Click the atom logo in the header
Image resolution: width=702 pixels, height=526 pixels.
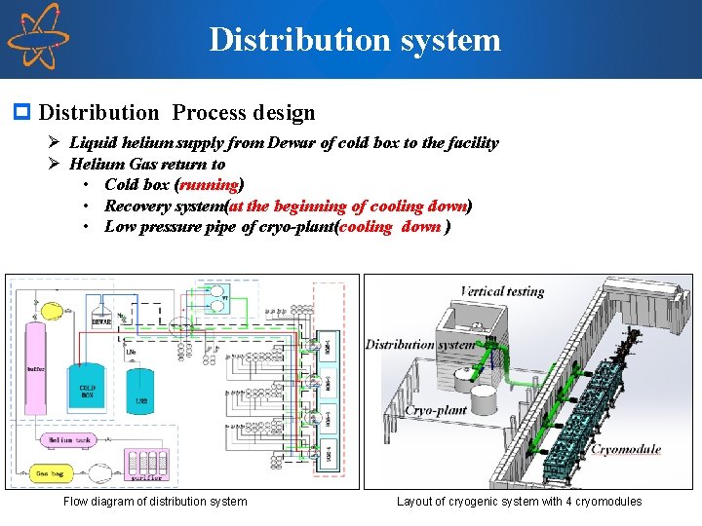(38, 36)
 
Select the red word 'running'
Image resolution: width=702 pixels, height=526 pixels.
(210, 184)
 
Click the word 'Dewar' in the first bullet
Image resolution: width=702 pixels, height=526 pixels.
(292, 143)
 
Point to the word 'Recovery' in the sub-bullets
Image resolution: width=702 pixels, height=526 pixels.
(137, 206)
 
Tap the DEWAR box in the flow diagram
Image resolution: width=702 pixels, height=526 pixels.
(101, 317)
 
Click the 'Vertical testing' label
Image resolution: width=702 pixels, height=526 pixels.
(502, 291)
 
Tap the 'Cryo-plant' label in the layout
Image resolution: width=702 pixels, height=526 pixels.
(436, 411)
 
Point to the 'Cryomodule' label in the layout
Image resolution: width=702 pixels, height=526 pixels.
(627, 450)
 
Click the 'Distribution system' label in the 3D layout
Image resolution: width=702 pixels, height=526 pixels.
(419, 345)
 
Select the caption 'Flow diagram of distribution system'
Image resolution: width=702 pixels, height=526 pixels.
(155, 502)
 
